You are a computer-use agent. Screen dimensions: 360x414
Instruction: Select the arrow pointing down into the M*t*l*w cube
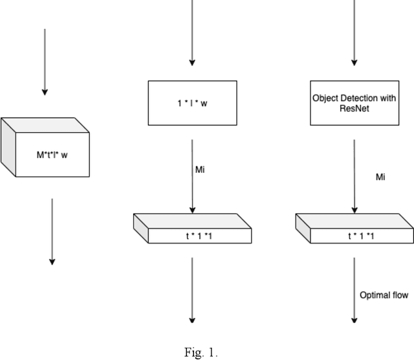[44, 62]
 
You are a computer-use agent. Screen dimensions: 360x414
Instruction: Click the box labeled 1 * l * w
[192, 102]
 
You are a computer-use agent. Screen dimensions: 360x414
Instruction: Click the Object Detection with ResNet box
[354, 102]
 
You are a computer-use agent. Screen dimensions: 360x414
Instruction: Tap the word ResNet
[354, 108]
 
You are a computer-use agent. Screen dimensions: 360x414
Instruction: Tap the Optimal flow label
[384, 295]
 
